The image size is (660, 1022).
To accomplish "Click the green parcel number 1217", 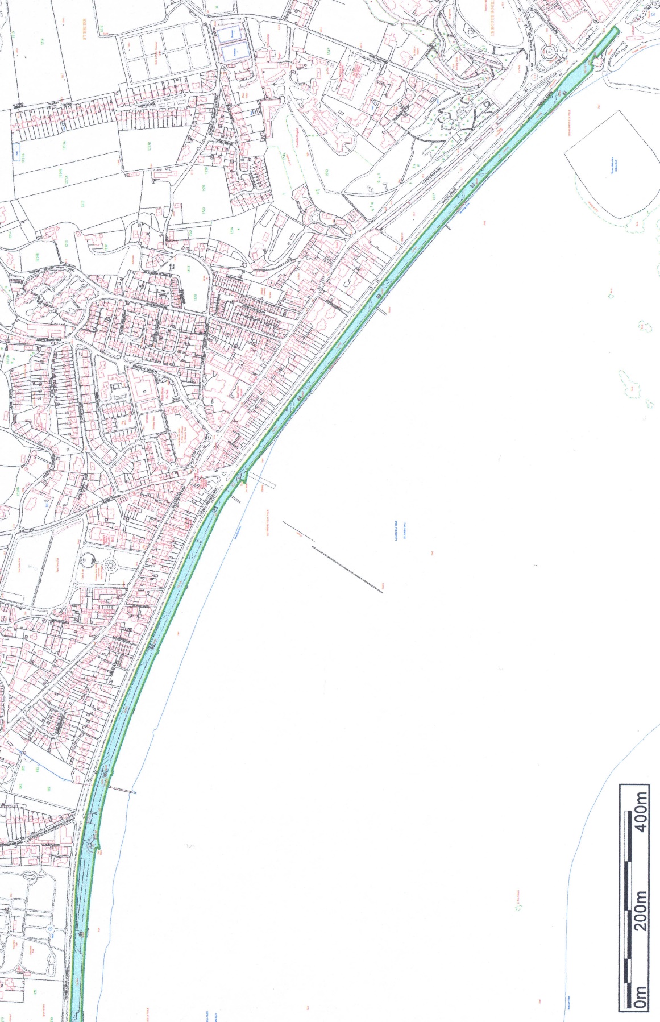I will [83, 203].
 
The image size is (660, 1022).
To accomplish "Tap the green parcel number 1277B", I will [150, 146].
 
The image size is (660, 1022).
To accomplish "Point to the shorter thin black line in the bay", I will [298, 531].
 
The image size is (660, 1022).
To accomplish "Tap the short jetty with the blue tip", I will [122, 790].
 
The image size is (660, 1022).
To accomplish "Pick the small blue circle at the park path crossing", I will [50, 929].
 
